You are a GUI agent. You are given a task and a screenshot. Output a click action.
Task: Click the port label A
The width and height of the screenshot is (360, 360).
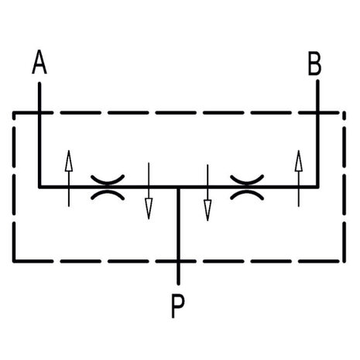coord(39,62)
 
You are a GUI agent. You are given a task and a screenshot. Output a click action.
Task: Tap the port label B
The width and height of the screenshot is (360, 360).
coord(315,63)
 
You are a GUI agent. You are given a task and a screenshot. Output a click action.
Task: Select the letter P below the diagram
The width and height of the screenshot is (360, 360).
coord(178,307)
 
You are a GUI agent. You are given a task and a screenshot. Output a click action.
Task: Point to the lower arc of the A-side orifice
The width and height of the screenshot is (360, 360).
coord(108,194)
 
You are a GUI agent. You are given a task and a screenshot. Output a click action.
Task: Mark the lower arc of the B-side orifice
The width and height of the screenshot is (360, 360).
coord(247,194)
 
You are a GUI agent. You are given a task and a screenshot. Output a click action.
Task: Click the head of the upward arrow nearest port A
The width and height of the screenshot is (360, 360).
coord(69,160)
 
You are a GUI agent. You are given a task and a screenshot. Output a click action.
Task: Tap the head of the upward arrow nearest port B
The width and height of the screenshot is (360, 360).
coord(299,160)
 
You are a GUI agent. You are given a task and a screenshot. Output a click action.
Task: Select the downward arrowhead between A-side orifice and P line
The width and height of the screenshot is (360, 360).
coord(149,208)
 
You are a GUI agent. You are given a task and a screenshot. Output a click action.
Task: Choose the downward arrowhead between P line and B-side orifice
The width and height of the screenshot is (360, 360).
coord(207,211)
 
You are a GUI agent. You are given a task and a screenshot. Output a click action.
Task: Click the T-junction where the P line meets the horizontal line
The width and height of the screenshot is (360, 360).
coord(178,187)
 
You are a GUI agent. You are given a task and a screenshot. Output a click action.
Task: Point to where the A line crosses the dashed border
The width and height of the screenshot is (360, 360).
coord(39,113)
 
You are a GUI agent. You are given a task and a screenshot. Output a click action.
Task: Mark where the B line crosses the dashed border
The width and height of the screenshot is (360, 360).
coord(317,113)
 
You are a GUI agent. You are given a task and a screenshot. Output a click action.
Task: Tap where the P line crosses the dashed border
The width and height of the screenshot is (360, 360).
coord(178,261)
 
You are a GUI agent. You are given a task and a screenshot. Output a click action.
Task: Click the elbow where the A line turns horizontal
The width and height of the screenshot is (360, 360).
coord(39,187)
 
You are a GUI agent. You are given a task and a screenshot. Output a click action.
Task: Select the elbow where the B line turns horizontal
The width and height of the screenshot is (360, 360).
coord(317,187)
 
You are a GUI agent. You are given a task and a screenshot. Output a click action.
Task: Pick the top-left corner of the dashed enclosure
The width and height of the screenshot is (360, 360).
coord(14,113)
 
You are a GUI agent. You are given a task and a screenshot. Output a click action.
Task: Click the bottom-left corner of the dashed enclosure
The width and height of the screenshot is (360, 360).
coord(14,261)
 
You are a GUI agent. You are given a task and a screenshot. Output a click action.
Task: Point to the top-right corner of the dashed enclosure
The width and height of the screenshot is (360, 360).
coord(344,113)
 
